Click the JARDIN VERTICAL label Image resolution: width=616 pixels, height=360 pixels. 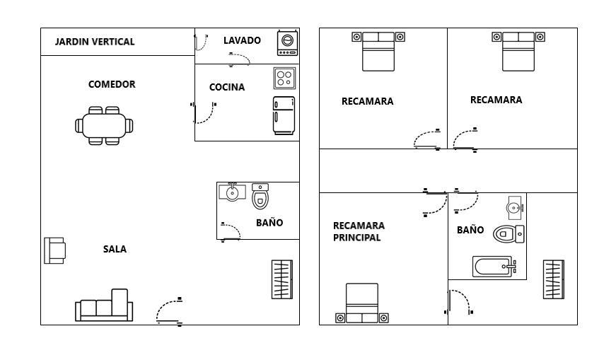click(x=95, y=42)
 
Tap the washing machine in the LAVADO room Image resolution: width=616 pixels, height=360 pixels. click(x=288, y=43)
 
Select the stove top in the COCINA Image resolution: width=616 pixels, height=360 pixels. click(x=284, y=79)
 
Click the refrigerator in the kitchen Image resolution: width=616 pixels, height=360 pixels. click(x=284, y=115)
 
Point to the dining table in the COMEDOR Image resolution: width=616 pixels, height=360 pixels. click(x=104, y=126)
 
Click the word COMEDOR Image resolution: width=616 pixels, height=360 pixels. click(x=112, y=84)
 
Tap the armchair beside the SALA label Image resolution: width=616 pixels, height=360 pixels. click(x=54, y=250)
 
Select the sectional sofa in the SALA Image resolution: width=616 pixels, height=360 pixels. click(x=104, y=306)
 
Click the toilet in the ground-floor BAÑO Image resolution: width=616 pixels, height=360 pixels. click(x=260, y=196)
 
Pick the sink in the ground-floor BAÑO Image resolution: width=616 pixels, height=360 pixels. click(x=232, y=192)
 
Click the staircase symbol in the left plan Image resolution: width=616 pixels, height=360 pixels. click(x=282, y=279)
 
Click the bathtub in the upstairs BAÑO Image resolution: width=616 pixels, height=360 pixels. click(x=494, y=267)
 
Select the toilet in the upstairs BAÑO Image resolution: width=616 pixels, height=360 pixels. click(x=509, y=234)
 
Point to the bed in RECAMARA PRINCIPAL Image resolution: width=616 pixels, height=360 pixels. click(x=362, y=303)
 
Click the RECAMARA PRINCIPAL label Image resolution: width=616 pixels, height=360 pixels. click(x=359, y=231)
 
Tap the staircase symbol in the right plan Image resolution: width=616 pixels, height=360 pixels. click(x=554, y=279)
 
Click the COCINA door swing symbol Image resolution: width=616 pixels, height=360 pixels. click(x=204, y=112)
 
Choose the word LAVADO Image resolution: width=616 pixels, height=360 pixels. click(x=242, y=40)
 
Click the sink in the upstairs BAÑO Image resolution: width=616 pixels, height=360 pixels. click(x=514, y=207)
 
